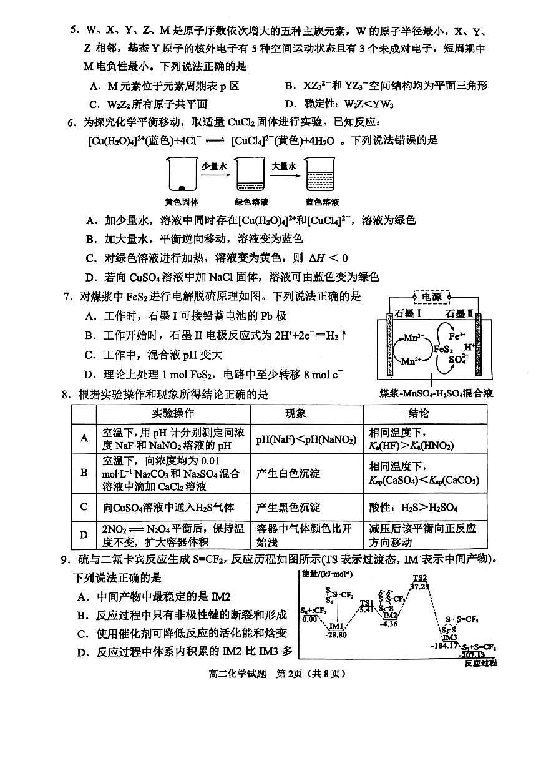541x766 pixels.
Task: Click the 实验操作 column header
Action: click(172, 413)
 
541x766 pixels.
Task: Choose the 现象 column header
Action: click(306, 413)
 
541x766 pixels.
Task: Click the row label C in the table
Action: click(84, 507)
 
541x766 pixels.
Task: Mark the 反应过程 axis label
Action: click(480, 663)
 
